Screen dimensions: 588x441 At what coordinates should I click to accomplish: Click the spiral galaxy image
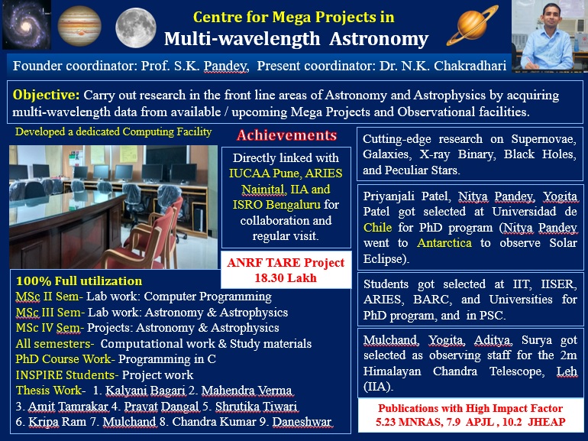tap(27, 24)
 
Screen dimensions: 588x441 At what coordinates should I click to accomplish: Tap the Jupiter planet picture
tap(79, 25)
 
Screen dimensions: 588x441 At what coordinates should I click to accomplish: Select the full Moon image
tap(136, 28)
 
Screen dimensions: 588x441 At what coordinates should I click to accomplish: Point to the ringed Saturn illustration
tap(473, 24)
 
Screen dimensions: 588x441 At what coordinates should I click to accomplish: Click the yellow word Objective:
tap(46, 95)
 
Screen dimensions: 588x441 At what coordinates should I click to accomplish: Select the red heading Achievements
tap(287, 135)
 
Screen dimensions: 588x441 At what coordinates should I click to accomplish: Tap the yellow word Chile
tap(377, 228)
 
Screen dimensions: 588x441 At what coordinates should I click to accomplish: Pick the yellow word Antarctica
tap(444, 243)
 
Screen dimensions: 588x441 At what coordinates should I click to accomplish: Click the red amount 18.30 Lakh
tap(286, 277)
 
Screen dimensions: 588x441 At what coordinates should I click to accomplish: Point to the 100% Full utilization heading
tap(79, 281)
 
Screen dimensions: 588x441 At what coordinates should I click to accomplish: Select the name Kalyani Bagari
tap(146, 391)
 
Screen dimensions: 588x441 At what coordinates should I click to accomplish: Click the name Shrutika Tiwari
tap(257, 406)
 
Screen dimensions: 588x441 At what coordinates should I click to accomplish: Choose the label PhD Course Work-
tap(65, 359)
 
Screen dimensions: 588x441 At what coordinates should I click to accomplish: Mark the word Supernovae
tap(544, 139)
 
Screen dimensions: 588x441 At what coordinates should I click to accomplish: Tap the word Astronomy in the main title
tap(379, 39)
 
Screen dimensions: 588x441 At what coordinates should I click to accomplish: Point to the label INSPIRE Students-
tap(67, 375)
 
